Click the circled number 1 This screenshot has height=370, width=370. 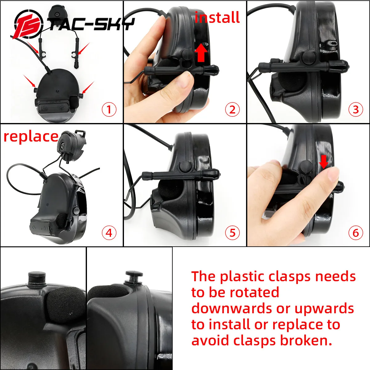point(109,109)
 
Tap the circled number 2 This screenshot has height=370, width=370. point(232,109)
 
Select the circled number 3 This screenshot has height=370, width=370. point(356,109)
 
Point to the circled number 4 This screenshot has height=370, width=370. point(109,233)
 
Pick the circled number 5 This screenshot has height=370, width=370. point(232,233)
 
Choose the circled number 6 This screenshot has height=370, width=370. point(356,233)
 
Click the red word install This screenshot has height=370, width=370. point(217,17)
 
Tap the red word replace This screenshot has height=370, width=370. point(31,136)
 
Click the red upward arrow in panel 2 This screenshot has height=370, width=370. point(201,53)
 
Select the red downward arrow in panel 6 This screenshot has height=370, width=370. point(324,162)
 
